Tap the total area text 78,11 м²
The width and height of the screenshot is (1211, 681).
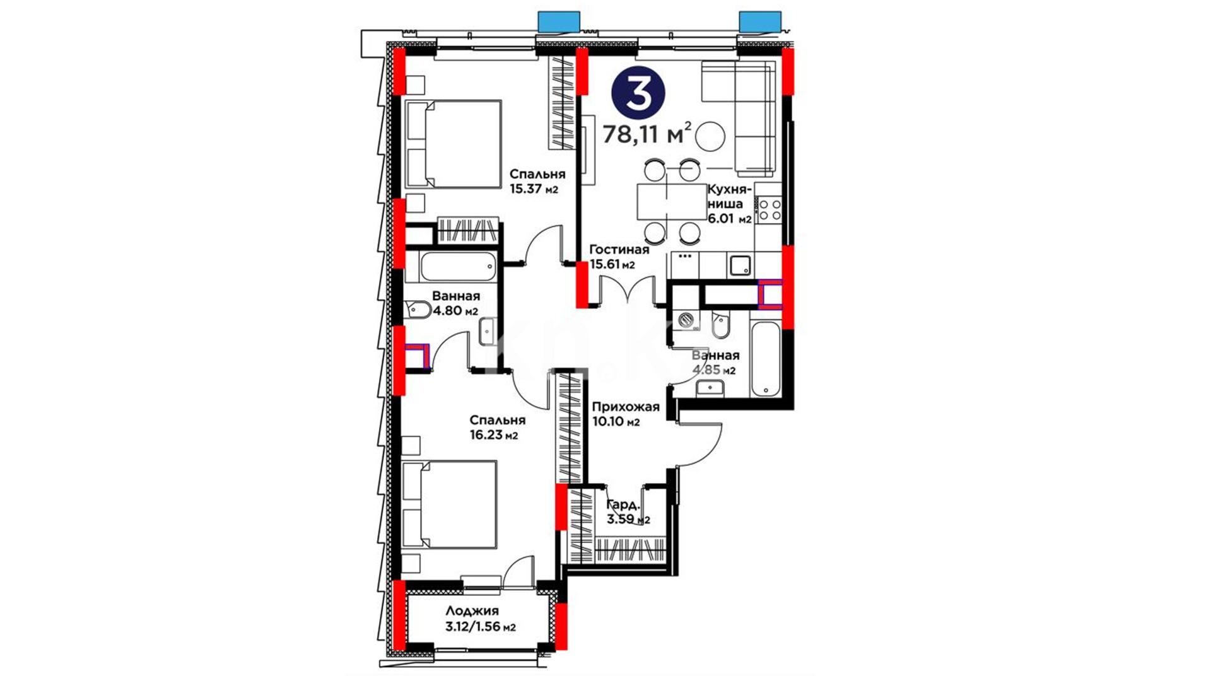click(x=647, y=134)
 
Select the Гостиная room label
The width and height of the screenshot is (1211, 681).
click(x=619, y=250)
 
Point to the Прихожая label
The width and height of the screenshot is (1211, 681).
click(x=626, y=407)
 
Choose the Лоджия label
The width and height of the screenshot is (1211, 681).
click(x=472, y=611)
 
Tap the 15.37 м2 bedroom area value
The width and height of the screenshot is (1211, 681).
click(x=534, y=189)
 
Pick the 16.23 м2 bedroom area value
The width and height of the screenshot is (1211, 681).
click(x=493, y=435)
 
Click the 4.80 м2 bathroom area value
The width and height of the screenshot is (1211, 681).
click(x=455, y=311)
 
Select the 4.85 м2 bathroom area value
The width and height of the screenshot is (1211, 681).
click(x=714, y=370)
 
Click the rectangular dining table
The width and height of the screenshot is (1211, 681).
click(x=672, y=201)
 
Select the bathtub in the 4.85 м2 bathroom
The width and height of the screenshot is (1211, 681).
click(x=766, y=359)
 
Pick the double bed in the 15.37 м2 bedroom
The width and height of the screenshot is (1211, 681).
click(x=453, y=144)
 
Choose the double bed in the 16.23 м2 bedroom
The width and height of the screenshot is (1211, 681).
click(x=449, y=505)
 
